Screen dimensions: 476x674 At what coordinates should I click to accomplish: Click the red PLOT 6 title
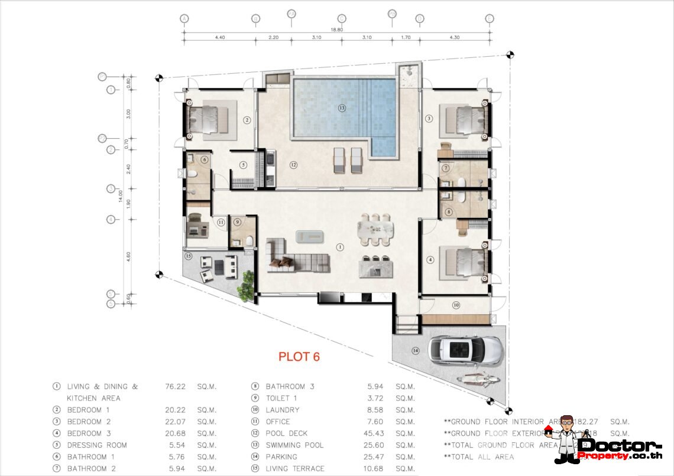[299, 357]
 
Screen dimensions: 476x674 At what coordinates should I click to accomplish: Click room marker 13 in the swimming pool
[341, 108]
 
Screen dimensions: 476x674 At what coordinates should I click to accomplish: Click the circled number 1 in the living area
[339, 246]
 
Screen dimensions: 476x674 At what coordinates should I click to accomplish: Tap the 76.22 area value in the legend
[175, 387]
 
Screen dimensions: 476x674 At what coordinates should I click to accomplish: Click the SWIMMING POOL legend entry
[294, 445]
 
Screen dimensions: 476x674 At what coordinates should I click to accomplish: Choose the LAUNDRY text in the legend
[283, 410]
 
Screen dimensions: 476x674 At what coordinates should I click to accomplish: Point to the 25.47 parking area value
[375, 457]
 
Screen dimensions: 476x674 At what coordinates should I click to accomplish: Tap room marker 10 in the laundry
[456, 305]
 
